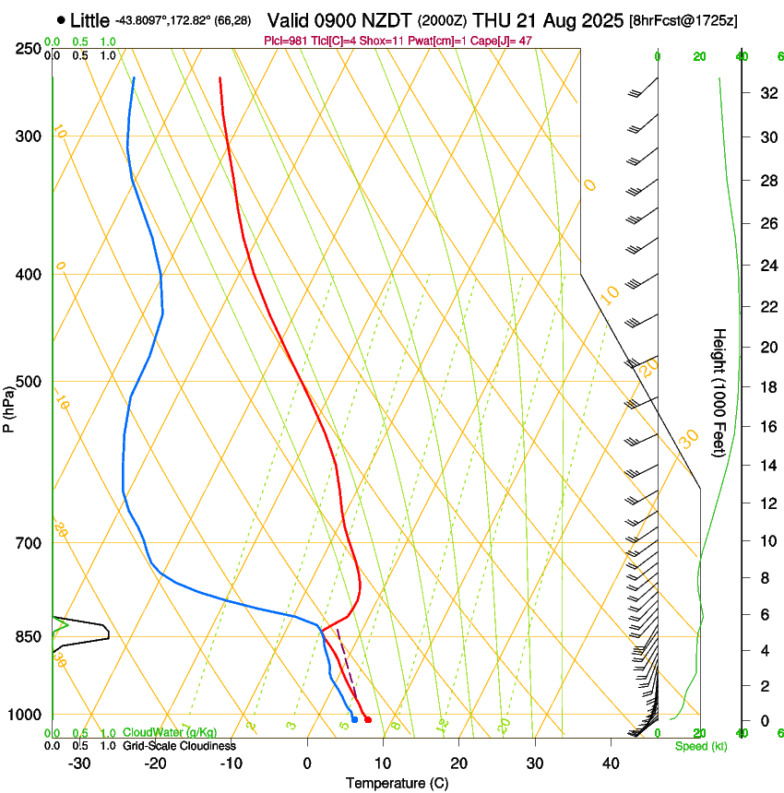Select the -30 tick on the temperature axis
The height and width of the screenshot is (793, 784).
[x=79, y=763]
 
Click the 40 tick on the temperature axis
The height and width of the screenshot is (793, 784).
[x=611, y=763]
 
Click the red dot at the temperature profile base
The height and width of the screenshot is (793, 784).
[x=368, y=719]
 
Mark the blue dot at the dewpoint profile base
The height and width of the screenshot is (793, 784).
[x=354, y=719]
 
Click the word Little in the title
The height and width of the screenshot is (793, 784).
[x=89, y=19]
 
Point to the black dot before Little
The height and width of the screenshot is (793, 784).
[x=61, y=19]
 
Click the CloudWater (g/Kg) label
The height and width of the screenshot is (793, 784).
[x=170, y=733]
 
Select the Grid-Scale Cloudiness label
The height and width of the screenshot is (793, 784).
[x=179, y=746]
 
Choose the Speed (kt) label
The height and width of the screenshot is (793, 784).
[x=701, y=746]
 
